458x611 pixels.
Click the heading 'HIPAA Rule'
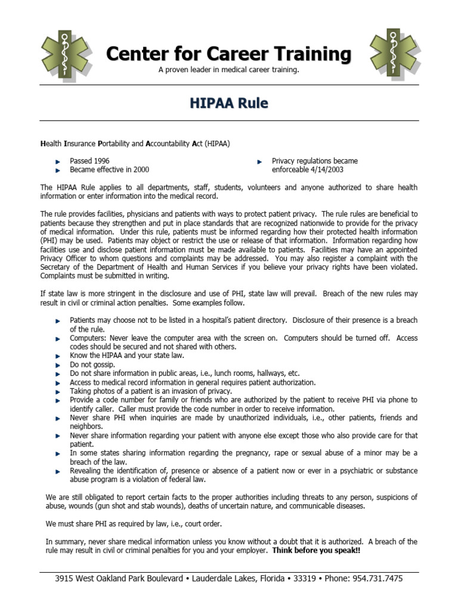(x=229, y=103)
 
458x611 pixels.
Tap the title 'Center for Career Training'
(x=229, y=54)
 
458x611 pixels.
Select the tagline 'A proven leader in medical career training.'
(x=229, y=70)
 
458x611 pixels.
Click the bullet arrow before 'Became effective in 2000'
(x=58, y=170)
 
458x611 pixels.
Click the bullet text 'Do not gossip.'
(x=92, y=364)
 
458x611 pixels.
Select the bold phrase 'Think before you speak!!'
(x=316, y=550)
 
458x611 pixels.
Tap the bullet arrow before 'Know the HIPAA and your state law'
(x=58, y=356)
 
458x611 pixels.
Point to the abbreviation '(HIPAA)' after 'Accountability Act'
(x=217, y=144)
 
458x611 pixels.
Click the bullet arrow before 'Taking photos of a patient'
(x=58, y=391)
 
